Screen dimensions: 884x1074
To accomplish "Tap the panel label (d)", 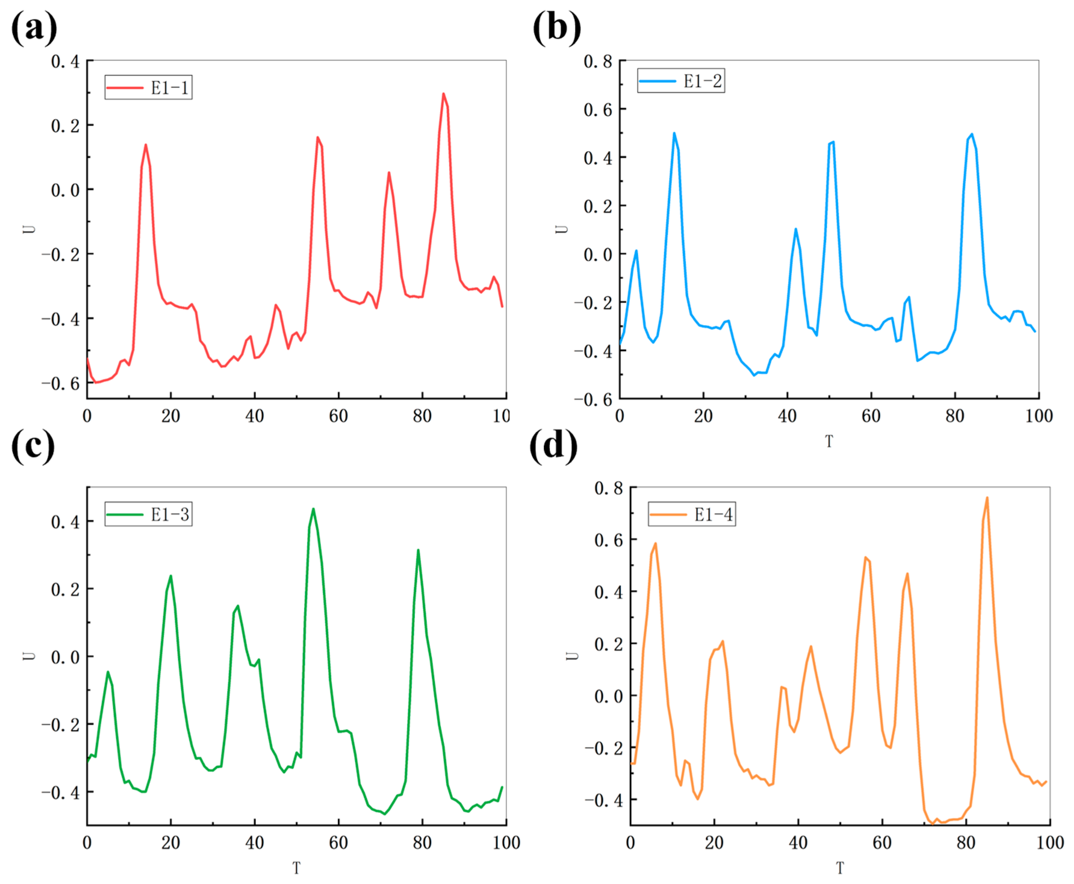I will coord(554,446).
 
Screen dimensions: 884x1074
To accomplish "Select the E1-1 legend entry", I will coord(148,88).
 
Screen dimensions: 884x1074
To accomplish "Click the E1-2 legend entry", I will coord(681,81).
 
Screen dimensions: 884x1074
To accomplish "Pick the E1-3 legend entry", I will coord(148,515).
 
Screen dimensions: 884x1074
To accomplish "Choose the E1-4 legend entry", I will coord(692,515).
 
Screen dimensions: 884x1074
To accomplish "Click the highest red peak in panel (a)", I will coord(443,94).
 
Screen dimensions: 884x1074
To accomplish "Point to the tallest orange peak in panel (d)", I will coord(987,498).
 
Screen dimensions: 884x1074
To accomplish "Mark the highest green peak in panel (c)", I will coord(313,509).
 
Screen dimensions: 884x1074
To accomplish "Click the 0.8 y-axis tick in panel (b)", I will coord(598,62).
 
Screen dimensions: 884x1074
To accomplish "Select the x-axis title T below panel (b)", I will coord(829,441).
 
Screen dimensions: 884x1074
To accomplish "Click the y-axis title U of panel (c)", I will coord(29,656).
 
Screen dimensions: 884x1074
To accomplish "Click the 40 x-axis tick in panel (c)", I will coord(255,843).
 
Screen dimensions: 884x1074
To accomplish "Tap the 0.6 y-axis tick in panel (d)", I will coord(608,540).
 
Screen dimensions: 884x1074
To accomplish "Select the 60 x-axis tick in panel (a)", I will coord(338,416).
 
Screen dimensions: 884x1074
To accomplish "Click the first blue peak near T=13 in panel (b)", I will coord(674,133).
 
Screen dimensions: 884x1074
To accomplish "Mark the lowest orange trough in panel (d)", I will coord(932,824).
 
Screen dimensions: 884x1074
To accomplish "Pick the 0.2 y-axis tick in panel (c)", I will coord(65,590).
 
